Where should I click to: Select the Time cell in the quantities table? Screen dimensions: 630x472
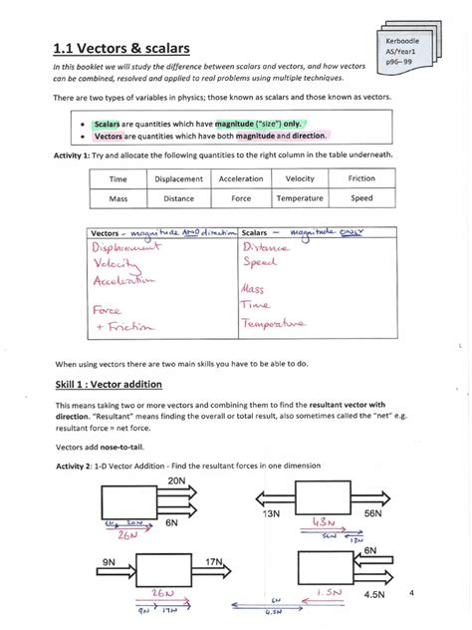118,179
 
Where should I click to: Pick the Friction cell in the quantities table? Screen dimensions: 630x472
361,179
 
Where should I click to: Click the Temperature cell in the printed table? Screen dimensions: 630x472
300,198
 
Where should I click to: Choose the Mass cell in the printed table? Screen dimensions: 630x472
118,198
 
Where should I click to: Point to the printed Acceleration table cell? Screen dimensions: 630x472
240,179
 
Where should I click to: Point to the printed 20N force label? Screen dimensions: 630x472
177,481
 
